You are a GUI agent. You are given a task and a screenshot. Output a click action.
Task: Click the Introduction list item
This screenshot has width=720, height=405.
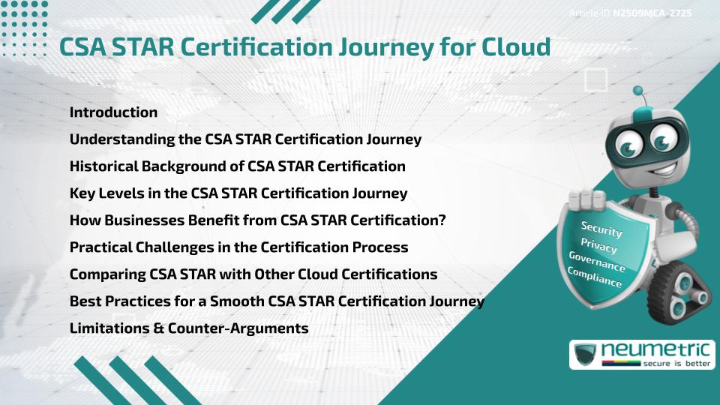[x=113, y=112]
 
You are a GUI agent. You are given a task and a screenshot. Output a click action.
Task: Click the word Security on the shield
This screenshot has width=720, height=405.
[x=601, y=229]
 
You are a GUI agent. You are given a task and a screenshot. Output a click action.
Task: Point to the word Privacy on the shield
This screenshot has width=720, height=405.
[x=598, y=245]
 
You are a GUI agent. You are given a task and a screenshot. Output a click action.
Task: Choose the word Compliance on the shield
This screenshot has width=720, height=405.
[x=594, y=277]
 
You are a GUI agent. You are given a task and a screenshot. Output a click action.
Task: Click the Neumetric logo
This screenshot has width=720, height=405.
[x=642, y=354]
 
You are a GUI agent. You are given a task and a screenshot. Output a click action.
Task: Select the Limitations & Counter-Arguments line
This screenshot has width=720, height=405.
[x=188, y=328]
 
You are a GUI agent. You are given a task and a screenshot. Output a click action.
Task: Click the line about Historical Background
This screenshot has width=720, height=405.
[x=237, y=166]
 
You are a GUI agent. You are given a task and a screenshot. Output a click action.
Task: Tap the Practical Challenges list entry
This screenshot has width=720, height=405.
[x=238, y=247]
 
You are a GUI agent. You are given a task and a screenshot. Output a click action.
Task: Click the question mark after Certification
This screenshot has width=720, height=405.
[x=442, y=220]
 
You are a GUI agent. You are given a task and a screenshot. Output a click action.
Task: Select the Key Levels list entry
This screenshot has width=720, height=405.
[x=238, y=193]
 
